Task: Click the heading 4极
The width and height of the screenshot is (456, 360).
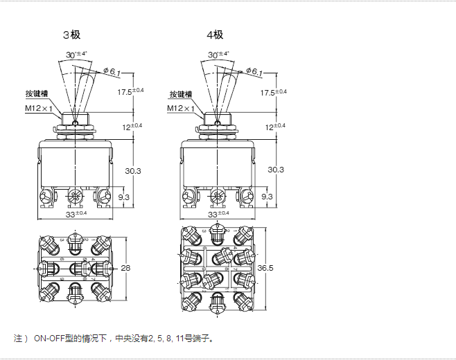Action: click(215, 35)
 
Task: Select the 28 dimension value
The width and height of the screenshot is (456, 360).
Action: click(125, 268)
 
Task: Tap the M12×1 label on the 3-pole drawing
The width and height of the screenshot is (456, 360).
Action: click(39, 109)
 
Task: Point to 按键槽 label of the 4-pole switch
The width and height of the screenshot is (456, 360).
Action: click(180, 95)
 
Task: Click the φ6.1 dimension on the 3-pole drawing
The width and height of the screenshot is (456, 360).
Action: click(113, 71)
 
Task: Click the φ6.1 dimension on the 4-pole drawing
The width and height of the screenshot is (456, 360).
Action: click(254, 71)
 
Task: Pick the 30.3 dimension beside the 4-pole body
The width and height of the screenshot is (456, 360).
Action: click(276, 170)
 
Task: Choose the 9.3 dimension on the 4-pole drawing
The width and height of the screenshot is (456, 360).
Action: click(266, 197)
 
